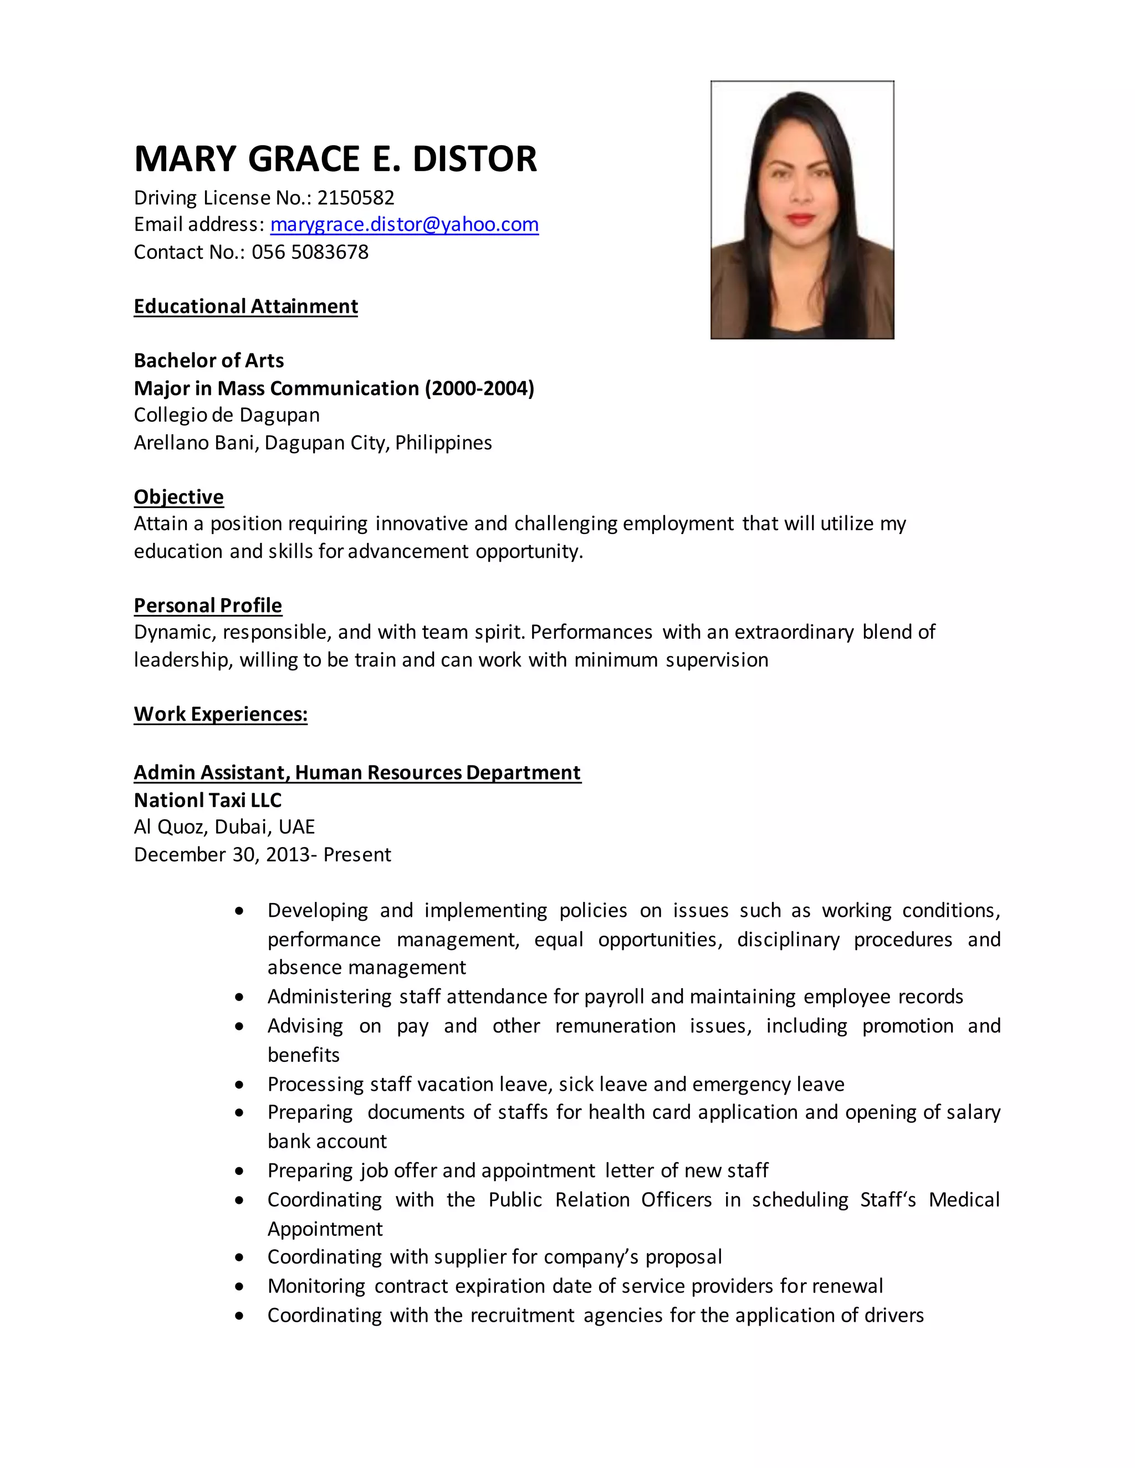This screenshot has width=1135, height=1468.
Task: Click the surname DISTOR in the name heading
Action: pyautogui.click(x=474, y=160)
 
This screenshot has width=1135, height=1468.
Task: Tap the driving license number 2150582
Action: pyautogui.click(x=356, y=198)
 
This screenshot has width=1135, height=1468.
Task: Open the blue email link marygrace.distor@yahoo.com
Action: pyautogui.click(x=404, y=224)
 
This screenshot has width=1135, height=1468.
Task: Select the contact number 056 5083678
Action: pyautogui.click(x=310, y=252)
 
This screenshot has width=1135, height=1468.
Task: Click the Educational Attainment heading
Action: pyautogui.click(x=246, y=306)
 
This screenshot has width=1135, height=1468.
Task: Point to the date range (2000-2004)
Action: pyautogui.click(x=479, y=388)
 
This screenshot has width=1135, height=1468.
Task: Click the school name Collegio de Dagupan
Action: pyautogui.click(x=227, y=415)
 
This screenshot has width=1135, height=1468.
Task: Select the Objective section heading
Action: pyautogui.click(x=179, y=497)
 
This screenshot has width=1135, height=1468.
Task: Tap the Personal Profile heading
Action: pyautogui.click(x=208, y=605)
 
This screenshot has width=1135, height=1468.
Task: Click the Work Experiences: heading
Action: pyautogui.click(x=221, y=714)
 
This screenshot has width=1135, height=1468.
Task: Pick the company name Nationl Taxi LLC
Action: pyautogui.click(x=208, y=800)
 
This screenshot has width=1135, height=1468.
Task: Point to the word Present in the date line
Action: pyautogui.click(x=357, y=854)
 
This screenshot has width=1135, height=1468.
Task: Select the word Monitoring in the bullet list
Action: pyautogui.click(x=316, y=1286)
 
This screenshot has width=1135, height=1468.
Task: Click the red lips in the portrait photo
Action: pyautogui.click(x=800, y=218)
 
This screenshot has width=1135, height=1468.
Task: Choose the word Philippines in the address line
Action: pyautogui.click(x=443, y=443)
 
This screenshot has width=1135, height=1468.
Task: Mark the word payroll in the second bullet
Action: pyautogui.click(x=614, y=996)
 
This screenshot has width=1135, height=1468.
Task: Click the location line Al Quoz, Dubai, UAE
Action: pyautogui.click(x=224, y=827)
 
